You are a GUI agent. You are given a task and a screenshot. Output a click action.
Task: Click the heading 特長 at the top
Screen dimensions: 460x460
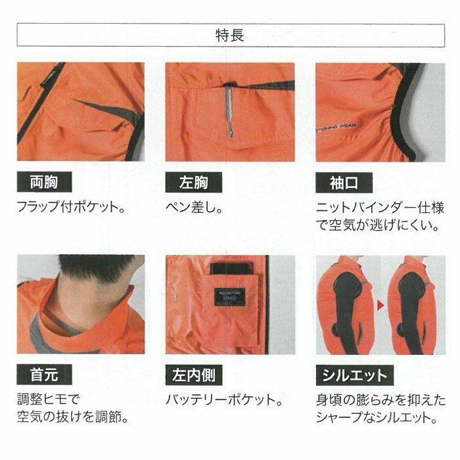(230, 35)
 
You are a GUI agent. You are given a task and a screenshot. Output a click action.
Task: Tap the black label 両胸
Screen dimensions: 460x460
(44, 182)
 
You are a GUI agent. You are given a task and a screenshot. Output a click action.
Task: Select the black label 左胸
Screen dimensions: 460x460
(194, 183)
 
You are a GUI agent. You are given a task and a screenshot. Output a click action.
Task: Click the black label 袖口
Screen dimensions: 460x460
(344, 183)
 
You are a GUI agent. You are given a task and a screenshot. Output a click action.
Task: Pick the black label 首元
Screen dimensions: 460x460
(44, 375)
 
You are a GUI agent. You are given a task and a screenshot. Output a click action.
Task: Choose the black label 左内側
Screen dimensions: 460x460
(194, 375)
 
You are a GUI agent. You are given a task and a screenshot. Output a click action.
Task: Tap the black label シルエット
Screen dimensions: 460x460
(354, 375)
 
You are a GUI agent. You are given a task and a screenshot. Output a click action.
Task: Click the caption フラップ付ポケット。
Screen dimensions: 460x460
(72, 207)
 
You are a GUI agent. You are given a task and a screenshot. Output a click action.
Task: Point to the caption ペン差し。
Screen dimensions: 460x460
(194, 208)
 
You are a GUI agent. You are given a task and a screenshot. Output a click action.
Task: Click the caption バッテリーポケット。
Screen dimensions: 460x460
(224, 400)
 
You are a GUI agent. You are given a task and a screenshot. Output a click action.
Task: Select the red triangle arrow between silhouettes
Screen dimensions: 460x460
(380, 306)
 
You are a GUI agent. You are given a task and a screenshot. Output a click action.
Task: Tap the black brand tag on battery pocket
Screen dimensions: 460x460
(230, 297)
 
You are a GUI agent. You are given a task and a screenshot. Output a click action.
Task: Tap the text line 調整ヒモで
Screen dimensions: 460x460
(49, 399)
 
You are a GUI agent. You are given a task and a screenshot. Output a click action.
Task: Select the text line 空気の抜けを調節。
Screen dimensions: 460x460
(73, 417)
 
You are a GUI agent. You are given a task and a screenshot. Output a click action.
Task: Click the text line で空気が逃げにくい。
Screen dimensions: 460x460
(378, 225)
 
